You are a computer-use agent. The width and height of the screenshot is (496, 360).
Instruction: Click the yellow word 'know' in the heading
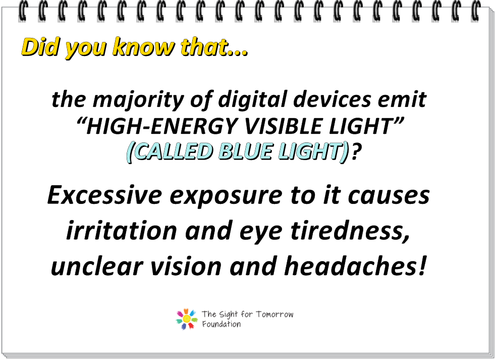143,47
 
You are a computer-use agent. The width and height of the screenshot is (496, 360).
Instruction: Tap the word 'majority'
138,99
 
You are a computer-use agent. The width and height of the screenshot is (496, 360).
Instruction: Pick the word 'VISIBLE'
284,126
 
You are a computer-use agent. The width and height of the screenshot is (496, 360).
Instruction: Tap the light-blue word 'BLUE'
245,151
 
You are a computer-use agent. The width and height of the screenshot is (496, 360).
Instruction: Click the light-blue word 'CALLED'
173,151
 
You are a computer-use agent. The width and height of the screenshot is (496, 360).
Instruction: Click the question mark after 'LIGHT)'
356,151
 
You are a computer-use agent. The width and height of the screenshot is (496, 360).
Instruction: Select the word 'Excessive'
105,195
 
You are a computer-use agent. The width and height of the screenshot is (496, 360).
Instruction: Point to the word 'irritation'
122,230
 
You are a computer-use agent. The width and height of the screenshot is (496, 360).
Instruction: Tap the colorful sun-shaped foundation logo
187,319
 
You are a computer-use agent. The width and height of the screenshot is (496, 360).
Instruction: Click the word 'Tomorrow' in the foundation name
274,315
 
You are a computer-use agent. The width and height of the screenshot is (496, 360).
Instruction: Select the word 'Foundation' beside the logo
222,324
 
